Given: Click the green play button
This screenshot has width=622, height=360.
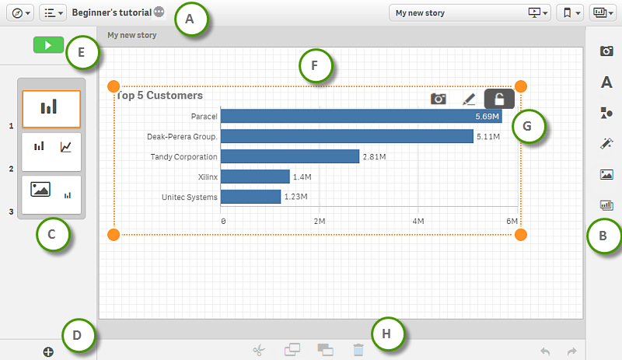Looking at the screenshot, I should pos(47,46).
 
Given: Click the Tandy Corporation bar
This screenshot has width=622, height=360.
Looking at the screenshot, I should pos(291,156).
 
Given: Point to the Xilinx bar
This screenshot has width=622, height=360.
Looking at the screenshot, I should pos(256,177).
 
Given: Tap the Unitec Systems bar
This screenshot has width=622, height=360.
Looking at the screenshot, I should pos(251,197).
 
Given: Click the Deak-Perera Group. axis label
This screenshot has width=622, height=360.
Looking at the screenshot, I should pos(182,137).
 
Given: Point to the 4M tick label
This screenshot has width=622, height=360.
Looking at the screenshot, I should pos(418,222).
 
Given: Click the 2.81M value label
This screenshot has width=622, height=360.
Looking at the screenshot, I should pos(375,157).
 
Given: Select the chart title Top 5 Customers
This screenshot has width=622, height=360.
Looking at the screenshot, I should pos(159,96).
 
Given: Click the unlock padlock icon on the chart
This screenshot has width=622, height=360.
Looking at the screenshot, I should pos(499,99).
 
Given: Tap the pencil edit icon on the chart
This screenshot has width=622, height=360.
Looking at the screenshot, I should pos(468,99).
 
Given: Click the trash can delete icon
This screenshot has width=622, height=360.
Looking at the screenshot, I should pos(358,351).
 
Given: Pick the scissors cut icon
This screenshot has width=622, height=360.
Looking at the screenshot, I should pos(259,351).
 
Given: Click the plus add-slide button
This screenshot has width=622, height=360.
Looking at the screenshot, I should pos(48,352).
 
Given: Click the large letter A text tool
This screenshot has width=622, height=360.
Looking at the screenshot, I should pos(606,82).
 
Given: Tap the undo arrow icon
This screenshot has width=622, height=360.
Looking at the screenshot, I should pos(545,351).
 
